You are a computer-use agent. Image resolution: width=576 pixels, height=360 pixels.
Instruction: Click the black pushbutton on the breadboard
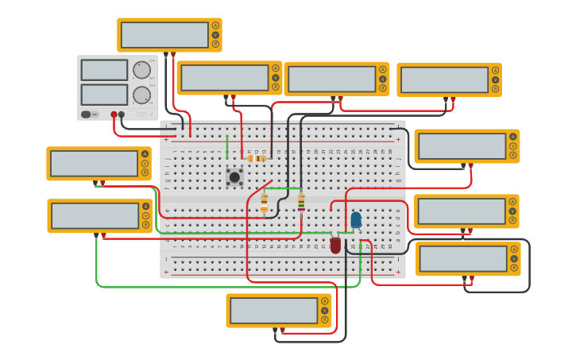pyautogui.click(x=234, y=176)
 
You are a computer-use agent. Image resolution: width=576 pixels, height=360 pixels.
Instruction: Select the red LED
pyautogui.click(x=335, y=245)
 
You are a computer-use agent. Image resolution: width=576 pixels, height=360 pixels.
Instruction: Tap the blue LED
pyautogui.click(x=356, y=219)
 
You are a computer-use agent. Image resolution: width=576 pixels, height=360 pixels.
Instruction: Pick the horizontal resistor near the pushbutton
pyautogui.click(x=257, y=158)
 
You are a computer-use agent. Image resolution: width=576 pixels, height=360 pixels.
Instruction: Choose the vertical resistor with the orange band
pyautogui.click(x=265, y=204)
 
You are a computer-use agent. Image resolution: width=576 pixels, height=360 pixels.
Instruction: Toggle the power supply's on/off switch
pyautogui.click(x=87, y=114)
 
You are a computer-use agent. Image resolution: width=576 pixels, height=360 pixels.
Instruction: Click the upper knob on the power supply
pyautogui.click(x=141, y=70)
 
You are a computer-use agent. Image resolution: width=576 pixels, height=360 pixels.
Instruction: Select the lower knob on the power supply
pyautogui.click(x=141, y=95)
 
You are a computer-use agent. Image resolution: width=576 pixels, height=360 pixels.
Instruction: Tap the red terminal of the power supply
pyautogui.click(x=114, y=114)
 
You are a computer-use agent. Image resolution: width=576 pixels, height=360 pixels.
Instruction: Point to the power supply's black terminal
pyautogui.click(x=122, y=114)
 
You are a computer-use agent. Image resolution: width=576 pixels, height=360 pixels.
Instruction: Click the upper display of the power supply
pyautogui.click(x=104, y=70)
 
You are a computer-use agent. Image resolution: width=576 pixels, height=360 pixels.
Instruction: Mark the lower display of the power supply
pyautogui.click(x=104, y=95)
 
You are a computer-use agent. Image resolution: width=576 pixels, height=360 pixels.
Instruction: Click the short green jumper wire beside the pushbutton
pyautogui.click(x=227, y=146)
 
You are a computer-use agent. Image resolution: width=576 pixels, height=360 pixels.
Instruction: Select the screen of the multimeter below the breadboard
pyautogui.click(x=273, y=311)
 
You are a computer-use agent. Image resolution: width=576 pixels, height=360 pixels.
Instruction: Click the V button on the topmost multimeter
pyautogui.click(x=215, y=35)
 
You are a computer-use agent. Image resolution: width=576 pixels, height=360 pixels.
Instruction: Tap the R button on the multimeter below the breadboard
pyautogui.click(x=324, y=320)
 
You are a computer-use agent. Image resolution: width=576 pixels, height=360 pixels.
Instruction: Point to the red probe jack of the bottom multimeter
pyautogui.click(x=282, y=329)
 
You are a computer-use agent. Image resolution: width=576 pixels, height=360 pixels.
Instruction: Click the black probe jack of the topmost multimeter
pyautogui.click(x=166, y=53)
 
